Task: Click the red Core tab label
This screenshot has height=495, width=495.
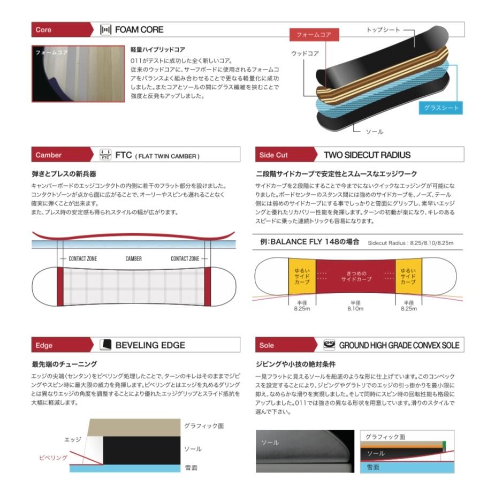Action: (x=43, y=30)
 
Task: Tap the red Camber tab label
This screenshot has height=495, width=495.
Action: (x=49, y=155)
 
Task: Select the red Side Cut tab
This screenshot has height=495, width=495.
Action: (x=274, y=155)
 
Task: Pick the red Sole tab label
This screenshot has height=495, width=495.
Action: (x=266, y=345)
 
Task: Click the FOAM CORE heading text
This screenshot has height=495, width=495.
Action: (x=139, y=30)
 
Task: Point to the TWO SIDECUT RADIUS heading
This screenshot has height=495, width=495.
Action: (x=367, y=155)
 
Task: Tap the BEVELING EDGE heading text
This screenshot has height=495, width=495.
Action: (x=150, y=345)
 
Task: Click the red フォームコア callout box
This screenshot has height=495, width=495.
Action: (x=314, y=35)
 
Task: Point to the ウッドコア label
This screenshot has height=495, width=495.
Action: (x=305, y=54)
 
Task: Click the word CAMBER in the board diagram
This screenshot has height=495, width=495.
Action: (x=134, y=258)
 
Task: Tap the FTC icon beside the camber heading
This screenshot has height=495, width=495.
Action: (x=105, y=155)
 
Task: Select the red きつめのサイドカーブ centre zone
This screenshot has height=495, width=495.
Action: (x=355, y=277)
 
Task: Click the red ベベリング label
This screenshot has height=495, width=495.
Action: (x=54, y=458)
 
